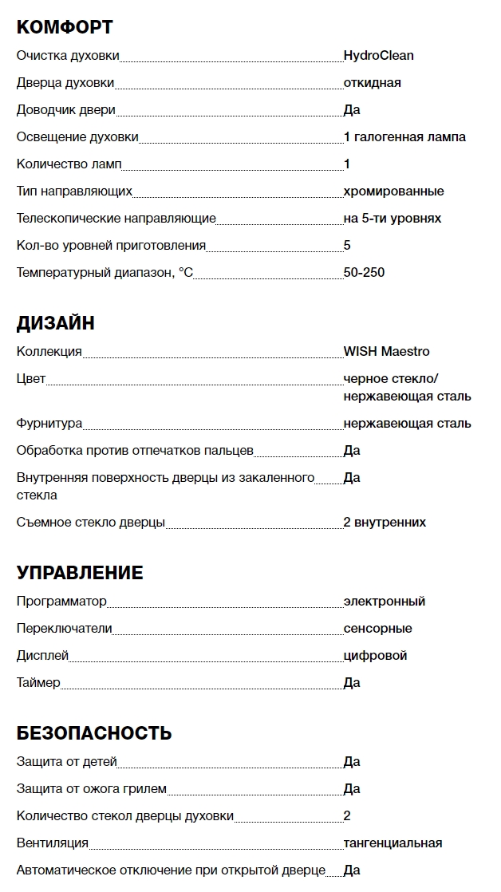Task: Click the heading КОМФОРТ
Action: (65, 28)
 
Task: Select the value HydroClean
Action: (378, 56)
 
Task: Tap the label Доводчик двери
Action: (66, 110)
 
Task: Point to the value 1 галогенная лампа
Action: (404, 137)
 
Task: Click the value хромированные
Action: (393, 191)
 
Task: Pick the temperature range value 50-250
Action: (364, 273)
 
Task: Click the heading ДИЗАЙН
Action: (56, 323)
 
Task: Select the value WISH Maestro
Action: (386, 352)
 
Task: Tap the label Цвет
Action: (31, 379)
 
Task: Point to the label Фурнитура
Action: (49, 424)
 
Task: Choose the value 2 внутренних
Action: (385, 523)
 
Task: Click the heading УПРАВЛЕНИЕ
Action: (80, 573)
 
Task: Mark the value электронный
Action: (384, 602)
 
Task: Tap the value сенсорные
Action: (377, 629)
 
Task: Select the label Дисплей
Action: (42, 656)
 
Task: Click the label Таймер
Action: (38, 683)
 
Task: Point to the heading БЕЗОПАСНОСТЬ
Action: (94, 733)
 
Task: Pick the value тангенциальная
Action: (393, 843)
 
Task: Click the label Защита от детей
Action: (67, 762)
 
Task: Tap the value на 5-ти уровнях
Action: (392, 219)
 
